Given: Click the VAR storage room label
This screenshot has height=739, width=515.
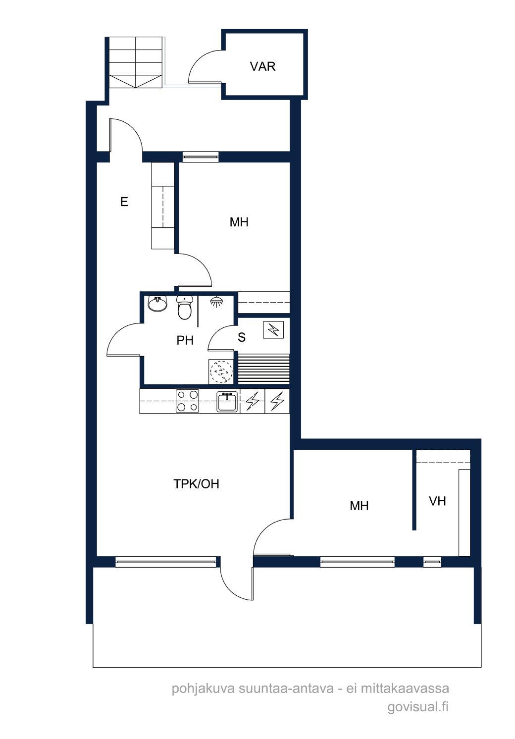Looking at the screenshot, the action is coord(262,67).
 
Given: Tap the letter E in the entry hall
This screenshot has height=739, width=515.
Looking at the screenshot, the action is coord(124,202).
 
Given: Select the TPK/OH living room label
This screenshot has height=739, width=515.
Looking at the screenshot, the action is coord(196,483).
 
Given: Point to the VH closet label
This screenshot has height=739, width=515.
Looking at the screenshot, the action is coord(437,501).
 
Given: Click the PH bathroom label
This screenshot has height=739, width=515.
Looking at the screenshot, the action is coord(185,340).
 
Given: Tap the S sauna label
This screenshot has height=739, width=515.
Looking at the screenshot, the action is coord(242,337).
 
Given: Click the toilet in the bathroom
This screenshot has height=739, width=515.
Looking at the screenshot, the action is coord(184,308).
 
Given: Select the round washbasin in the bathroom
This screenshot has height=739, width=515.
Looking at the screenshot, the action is coord(157,304).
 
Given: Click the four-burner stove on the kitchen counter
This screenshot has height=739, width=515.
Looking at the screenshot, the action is coord(187,401).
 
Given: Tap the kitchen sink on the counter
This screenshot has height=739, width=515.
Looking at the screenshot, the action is coord(227,402).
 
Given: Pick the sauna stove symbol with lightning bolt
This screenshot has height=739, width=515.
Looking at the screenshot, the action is coord(273,329).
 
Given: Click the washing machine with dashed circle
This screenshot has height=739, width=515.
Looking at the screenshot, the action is coord(221,371).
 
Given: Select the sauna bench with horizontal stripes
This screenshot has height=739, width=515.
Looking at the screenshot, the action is coord(263,369).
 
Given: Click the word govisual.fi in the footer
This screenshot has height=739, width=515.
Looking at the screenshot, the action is coord(418,709).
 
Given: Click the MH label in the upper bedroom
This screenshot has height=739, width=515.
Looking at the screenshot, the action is coord(239,222).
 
